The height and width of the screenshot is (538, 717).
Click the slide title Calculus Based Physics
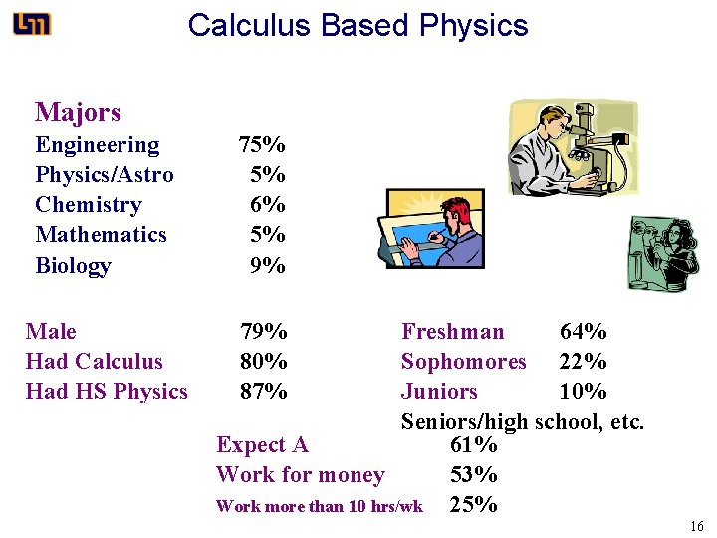[x=358, y=25]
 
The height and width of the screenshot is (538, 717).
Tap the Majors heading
[x=78, y=112]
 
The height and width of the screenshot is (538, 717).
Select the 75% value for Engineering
[x=262, y=145]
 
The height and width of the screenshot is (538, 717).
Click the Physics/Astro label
[x=105, y=175]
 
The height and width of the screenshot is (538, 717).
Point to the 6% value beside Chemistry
[x=268, y=205]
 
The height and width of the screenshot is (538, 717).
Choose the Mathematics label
[x=101, y=235]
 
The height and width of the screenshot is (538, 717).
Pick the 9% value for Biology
[x=268, y=266]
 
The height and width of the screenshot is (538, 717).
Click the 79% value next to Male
[x=264, y=331]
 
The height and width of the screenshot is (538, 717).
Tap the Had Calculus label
[x=94, y=361]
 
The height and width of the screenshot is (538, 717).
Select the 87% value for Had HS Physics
[x=264, y=392]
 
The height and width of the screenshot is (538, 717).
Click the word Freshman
[x=453, y=331]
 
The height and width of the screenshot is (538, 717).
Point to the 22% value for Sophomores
[x=584, y=361]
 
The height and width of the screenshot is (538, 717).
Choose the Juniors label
[x=439, y=392]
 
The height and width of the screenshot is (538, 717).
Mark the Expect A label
[x=262, y=445]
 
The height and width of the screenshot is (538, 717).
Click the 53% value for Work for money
[x=474, y=475]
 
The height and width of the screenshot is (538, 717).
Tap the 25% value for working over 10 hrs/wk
[x=474, y=505]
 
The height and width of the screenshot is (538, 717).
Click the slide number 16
[x=696, y=526]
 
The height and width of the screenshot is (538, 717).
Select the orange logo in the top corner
[x=32, y=24]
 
